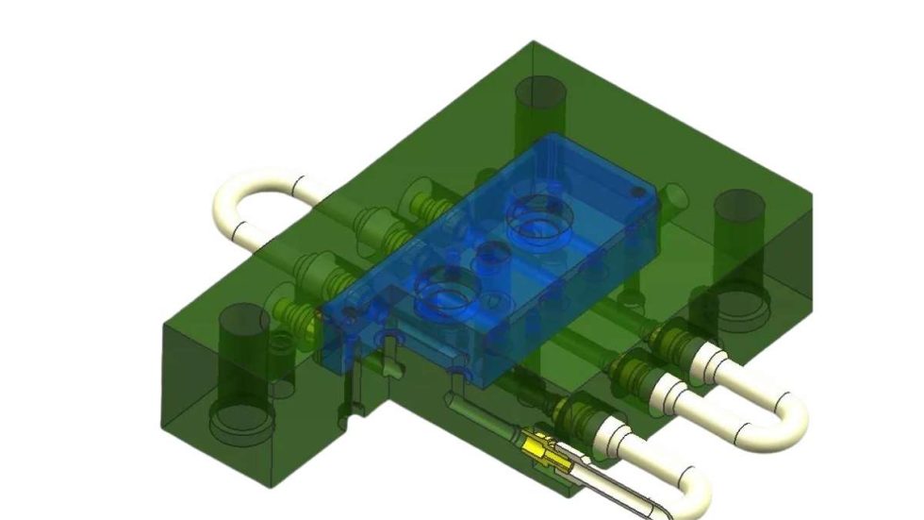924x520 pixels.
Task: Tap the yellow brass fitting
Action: [541, 447]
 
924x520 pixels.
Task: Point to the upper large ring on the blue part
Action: [539, 218]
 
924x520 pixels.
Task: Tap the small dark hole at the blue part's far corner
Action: [640, 192]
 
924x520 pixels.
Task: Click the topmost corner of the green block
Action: [534, 42]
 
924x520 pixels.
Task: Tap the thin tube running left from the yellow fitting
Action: [476, 415]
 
